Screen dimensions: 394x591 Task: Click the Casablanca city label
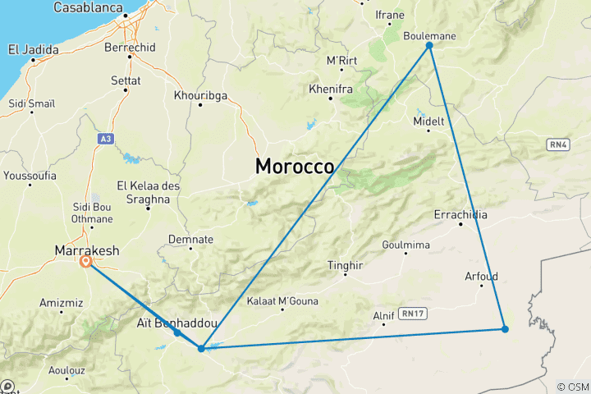(88, 7)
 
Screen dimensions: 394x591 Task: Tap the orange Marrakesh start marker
(86, 262)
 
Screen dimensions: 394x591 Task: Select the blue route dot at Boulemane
(429, 46)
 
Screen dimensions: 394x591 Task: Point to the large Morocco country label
(295, 166)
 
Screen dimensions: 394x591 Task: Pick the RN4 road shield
(558, 144)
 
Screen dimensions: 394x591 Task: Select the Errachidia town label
(460, 215)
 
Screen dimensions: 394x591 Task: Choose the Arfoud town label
(481, 277)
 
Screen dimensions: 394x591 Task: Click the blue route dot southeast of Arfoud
(505, 329)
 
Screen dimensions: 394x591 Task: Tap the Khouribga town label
(200, 95)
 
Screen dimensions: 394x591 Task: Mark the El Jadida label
(34, 49)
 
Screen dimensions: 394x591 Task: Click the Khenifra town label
(331, 89)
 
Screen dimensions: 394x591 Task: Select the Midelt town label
(429, 121)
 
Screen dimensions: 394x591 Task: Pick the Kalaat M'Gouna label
(282, 301)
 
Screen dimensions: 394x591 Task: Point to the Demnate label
(190, 239)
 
